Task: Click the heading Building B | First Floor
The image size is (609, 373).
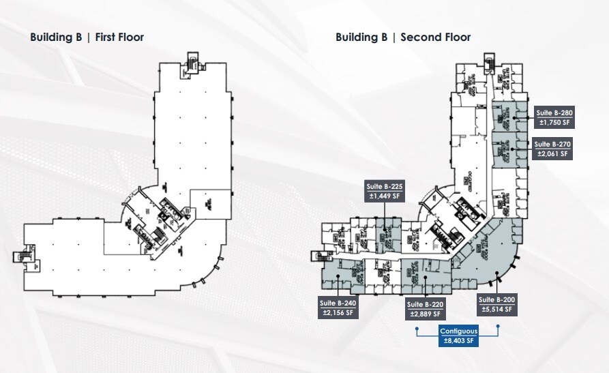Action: point(87,37)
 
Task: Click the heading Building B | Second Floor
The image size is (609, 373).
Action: point(402,37)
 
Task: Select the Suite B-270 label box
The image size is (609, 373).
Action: point(552,149)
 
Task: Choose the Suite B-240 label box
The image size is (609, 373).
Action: point(337,308)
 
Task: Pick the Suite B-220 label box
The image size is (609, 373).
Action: point(424,309)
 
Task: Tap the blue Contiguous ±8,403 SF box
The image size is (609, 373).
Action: point(458,336)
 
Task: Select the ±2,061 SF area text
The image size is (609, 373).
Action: point(552,154)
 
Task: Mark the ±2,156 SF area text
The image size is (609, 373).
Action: point(337,313)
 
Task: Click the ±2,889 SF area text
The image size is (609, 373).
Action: point(424,314)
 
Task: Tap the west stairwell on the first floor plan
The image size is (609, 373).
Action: point(18,258)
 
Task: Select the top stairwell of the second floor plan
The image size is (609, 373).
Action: point(488,62)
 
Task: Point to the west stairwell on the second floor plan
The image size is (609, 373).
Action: point(318,258)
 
